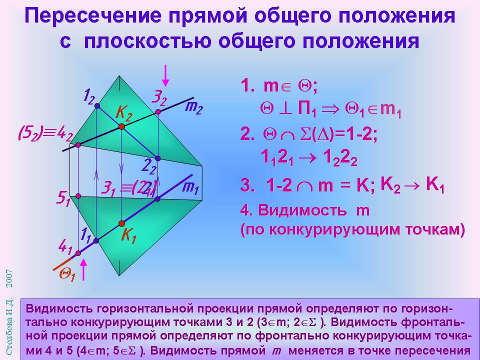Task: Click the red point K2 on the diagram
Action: click(x=121, y=126)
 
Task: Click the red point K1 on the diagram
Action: click(x=121, y=223)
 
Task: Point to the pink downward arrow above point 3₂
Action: click(x=165, y=75)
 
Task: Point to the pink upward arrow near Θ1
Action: click(x=83, y=269)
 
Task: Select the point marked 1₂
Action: click(x=97, y=106)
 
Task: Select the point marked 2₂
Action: click(x=157, y=158)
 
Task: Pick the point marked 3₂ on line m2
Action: click(x=157, y=111)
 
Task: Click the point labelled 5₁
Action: click(x=78, y=196)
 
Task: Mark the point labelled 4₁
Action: click(x=78, y=253)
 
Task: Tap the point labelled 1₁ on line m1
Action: click(x=96, y=241)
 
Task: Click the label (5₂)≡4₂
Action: click(x=46, y=134)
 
